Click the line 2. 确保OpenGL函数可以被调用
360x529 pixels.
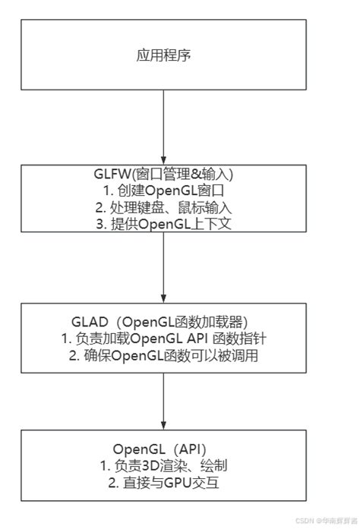tap(163, 353)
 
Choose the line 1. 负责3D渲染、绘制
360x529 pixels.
tap(163, 464)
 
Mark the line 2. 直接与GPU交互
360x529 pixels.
tap(163, 479)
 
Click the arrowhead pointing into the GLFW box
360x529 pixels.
tap(163, 161)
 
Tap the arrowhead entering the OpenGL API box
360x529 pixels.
tap(163, 425)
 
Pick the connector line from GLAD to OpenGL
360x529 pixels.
tap(163, 395)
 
